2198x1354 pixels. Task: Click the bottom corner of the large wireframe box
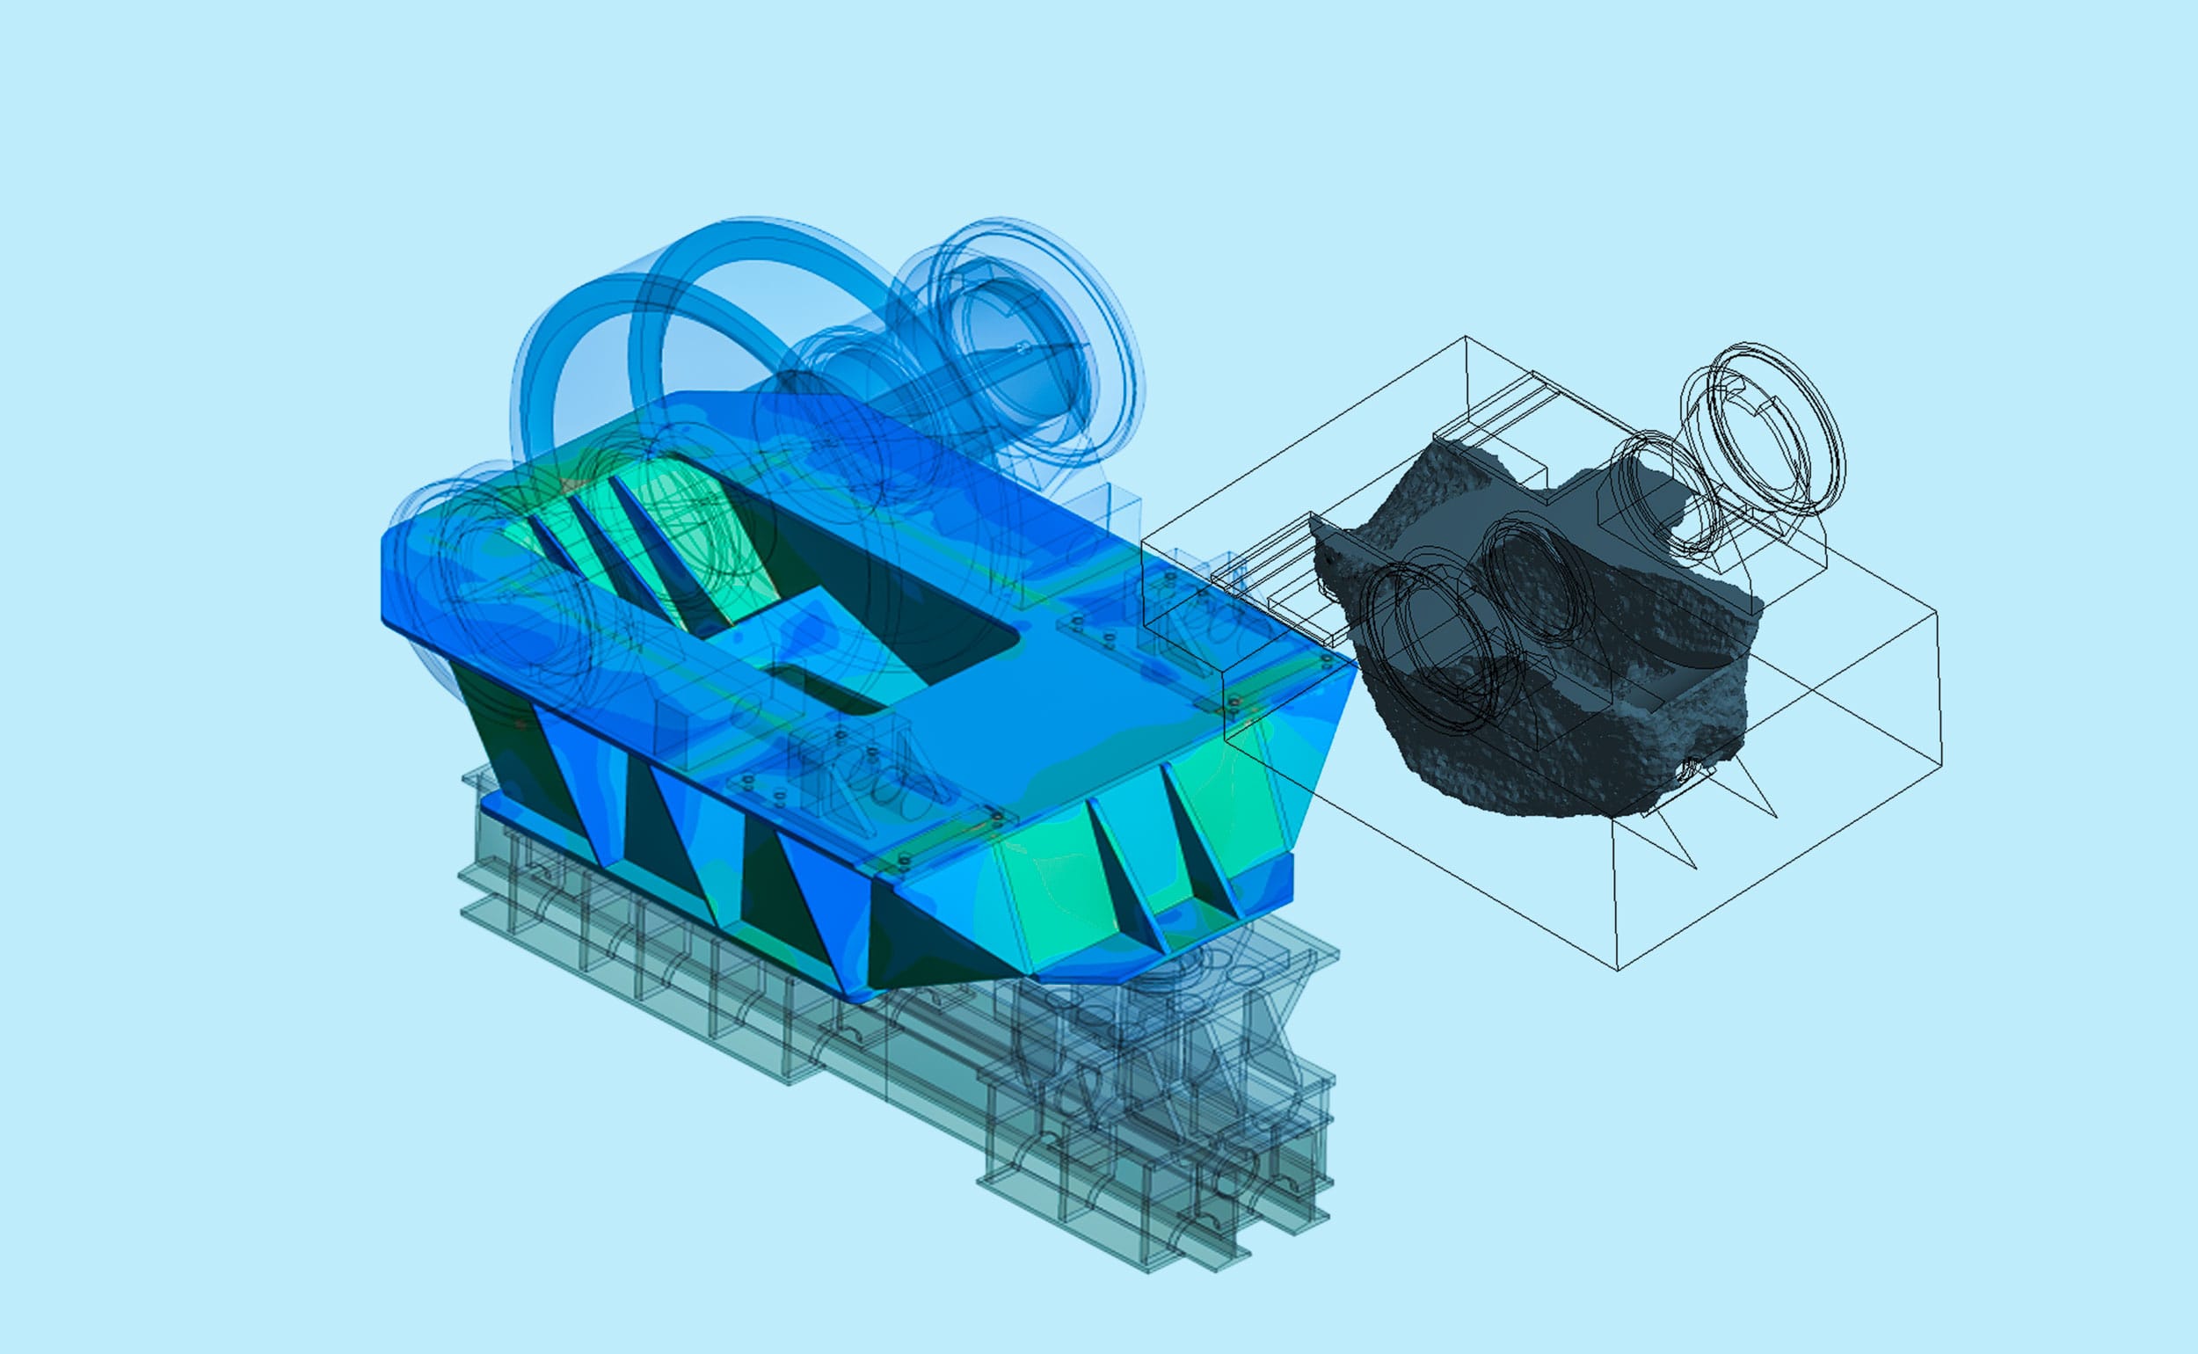click(x=1618, y=970)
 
